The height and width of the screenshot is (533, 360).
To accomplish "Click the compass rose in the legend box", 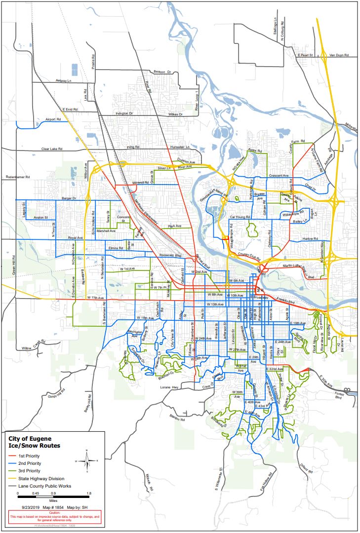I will [x=87, y=459].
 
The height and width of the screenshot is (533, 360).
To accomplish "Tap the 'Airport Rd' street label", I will [x=52, y=120].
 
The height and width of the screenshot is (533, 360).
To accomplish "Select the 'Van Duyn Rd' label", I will [x=339, y=55].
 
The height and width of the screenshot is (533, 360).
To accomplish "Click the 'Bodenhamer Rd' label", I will [x=18, y=177].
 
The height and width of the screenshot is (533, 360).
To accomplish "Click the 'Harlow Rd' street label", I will [x=310, y=239].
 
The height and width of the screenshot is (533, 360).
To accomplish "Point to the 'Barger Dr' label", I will [x=69, y=198].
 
